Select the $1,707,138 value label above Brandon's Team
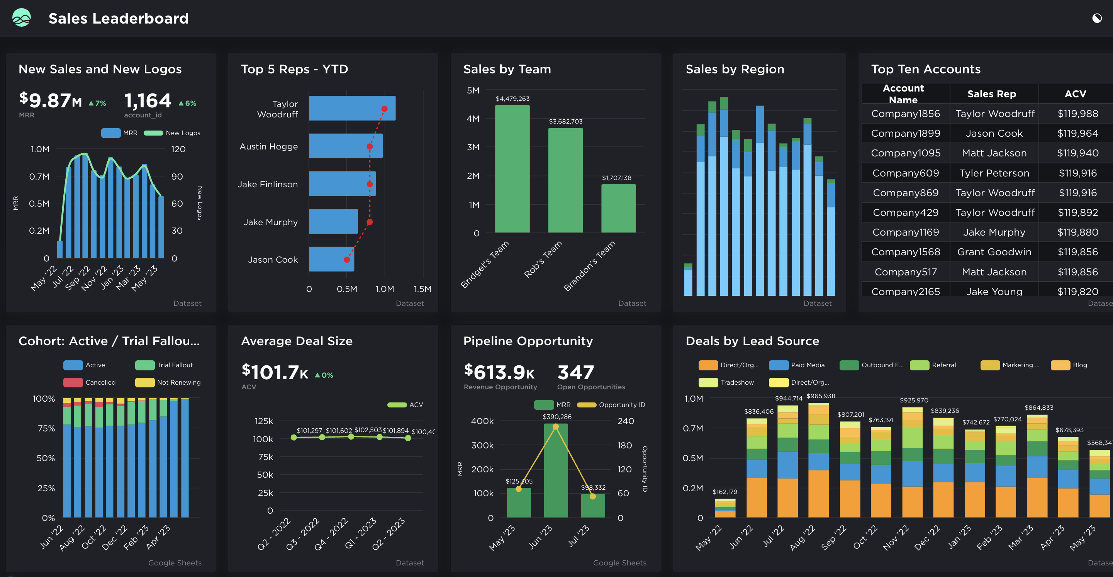pyautogui.click(x=617, y=178)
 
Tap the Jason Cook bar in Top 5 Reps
pyautogui.click(x=331, y=259)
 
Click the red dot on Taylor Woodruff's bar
pyautogui.click(x=385, y=109)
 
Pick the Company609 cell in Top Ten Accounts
pyautogui.click(x=905, y=173)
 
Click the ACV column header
pyautogui.click(x=1075, y=94)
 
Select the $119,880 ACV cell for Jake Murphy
pyautogui.click(x=1077, y=232)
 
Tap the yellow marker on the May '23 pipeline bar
pyautogui.click(x=519, y=489)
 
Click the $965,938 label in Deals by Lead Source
pyautogui.click(x=821, y=396)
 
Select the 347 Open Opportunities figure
pyautogui.click(x=575, y=372)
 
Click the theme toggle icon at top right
pyautogui.click(x=1096, y=18)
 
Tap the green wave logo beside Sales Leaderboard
pyautogui.click(x=22, y=18)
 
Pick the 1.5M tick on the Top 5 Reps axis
pyautogui.click(x=422, y=289)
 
